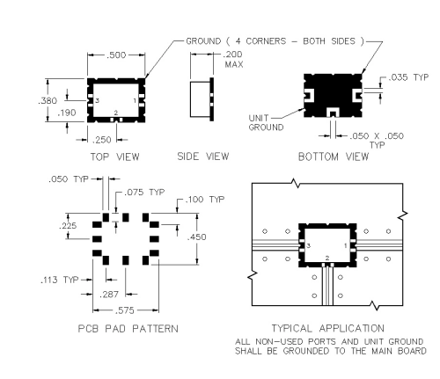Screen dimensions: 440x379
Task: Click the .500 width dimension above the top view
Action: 116,55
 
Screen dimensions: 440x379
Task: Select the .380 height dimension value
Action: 48,101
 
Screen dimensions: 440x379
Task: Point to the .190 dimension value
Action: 67,113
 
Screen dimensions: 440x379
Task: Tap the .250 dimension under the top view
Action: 102,140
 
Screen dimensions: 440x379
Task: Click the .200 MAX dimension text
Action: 233,59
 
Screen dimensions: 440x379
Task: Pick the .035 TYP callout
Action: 408,77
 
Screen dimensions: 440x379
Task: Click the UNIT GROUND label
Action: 266,122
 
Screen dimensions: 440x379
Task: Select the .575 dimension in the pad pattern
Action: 124,310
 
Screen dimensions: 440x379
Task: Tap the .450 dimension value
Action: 196,237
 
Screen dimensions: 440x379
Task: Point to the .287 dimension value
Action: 109,295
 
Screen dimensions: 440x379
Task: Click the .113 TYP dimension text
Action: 60,280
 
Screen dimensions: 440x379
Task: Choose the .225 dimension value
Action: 68,226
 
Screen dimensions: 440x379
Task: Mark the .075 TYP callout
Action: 144,193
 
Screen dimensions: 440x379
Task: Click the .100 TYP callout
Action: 205,200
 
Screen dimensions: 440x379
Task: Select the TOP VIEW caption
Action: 114,157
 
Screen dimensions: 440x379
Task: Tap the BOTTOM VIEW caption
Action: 334,157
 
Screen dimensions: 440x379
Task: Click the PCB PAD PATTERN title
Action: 128,329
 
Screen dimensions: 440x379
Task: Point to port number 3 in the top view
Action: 98,100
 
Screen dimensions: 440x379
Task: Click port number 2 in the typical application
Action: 327,258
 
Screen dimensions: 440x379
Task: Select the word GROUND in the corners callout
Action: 203,41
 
